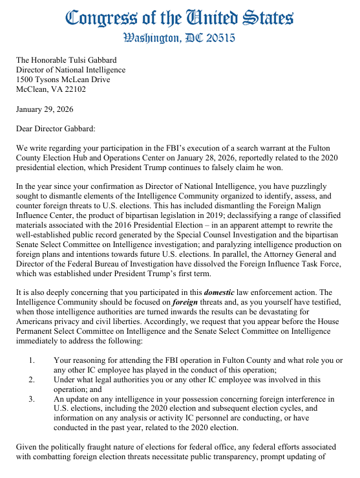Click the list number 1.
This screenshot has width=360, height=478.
click(x=32, y=341)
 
